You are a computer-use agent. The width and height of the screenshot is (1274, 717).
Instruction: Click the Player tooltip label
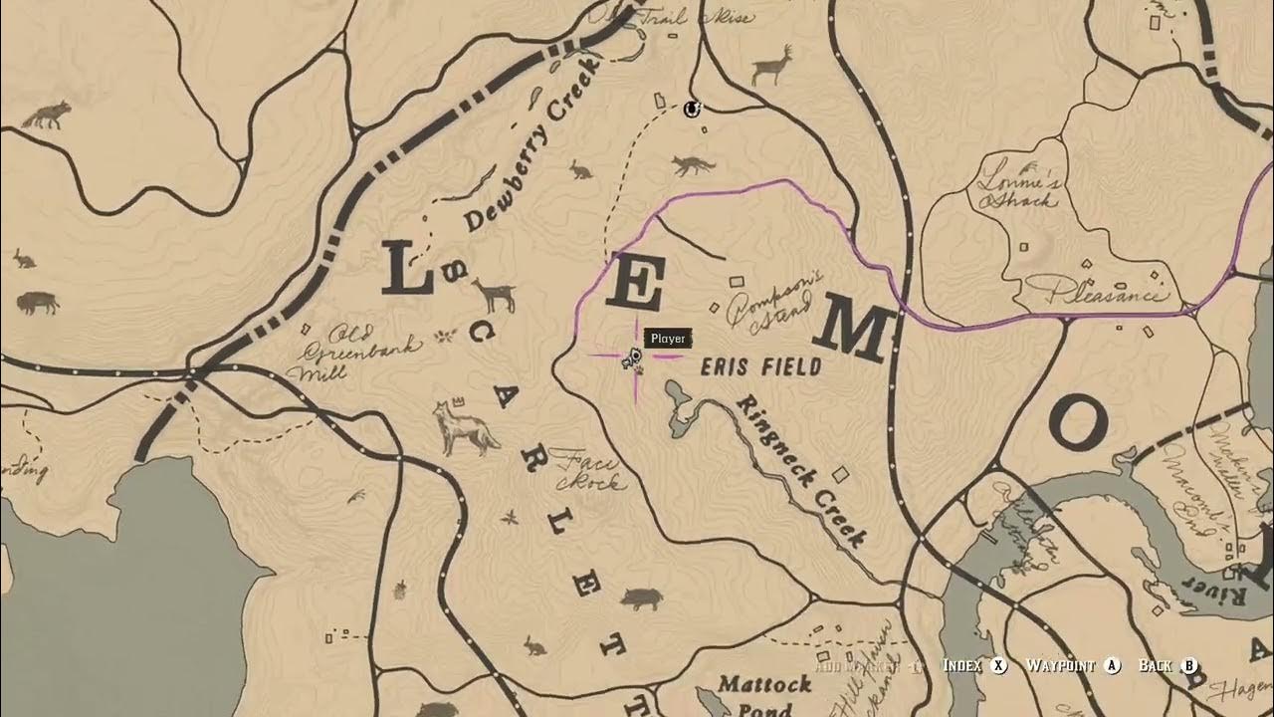pyautogui.click(x=668, y=340)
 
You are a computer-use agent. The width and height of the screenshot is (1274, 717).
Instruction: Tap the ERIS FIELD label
pyautogui.click(x=761, y=366)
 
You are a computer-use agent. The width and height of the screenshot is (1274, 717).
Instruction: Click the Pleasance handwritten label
pyautogui.click(x=1104, y=293)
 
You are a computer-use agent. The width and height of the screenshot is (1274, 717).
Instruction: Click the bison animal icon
pyautogui.click(x=37, y=302)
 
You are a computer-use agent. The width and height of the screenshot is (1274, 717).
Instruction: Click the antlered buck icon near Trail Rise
pyautogui.click(x=772, y=66)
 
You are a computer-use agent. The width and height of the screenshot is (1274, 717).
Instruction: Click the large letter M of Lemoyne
pyautogui.click(x=853, y=331)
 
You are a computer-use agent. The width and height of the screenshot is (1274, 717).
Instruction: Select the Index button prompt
pyautogui.click(x=974, y=665)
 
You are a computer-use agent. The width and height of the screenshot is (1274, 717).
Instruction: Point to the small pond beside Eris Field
pyautogui.click(x=682, y=408)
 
